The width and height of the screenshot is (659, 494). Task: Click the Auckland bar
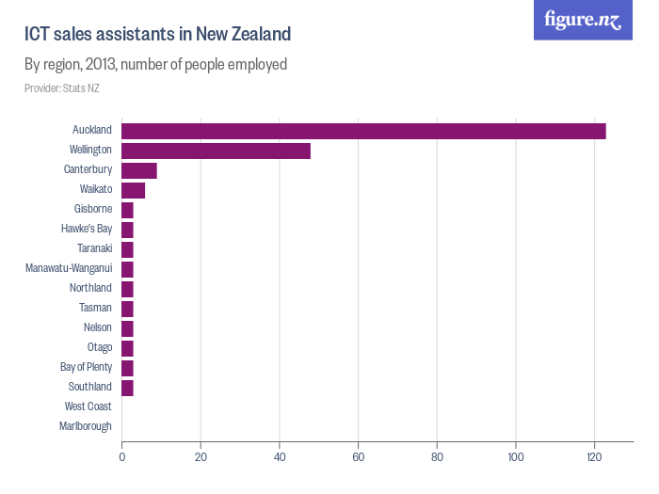363,131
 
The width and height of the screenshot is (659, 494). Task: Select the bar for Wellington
216,151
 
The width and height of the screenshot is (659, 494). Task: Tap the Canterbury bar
139,170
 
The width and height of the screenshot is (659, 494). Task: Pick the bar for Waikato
133,190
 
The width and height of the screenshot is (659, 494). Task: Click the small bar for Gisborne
127,210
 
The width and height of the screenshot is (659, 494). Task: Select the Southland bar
127,388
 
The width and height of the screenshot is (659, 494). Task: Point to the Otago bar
127,348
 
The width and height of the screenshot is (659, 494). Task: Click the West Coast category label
88,406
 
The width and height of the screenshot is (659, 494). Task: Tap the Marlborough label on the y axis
86,426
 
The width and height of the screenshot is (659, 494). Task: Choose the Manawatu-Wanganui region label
69,268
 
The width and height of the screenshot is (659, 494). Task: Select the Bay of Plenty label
86,367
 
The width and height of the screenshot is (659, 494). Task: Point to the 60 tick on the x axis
358,457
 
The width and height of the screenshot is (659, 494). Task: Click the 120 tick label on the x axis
594,457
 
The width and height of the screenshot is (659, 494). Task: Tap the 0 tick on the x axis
122,457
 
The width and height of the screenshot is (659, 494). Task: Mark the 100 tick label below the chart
515,457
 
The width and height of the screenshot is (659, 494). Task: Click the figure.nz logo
583,21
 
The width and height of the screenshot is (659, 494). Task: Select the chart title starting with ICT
157,34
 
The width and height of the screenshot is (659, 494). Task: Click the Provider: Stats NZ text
62,88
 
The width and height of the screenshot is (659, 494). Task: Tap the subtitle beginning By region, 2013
155,65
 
